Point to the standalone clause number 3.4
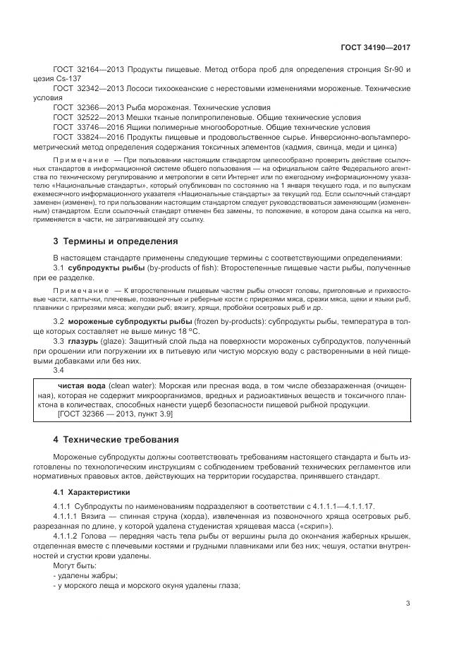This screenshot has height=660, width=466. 59,369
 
